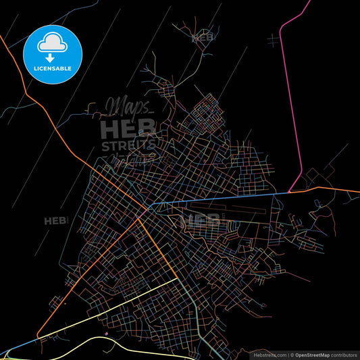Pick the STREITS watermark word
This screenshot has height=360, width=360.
coord(128,145)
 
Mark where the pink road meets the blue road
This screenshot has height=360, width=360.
coord(290,192)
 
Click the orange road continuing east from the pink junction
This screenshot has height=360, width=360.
coord(324,189)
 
